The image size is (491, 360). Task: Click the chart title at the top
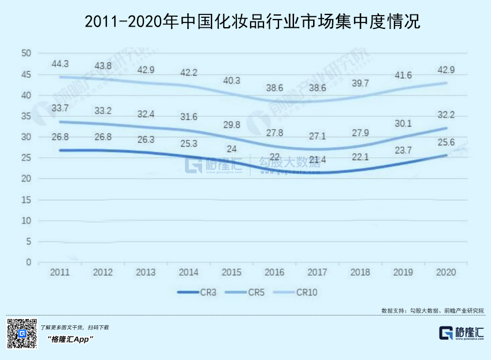pyautogui.click(x=245, y=23)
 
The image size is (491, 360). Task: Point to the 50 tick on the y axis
pyautogui.click(x=25, y=53)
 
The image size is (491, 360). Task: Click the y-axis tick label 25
pyautogui.click(x=25, y=158)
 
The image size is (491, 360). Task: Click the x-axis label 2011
pyautogui.click(x=60, y=272)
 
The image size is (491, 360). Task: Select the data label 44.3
pyautogui.click(x=60, y=64)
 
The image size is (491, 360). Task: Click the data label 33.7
pyautogui.click(x=60, y=107)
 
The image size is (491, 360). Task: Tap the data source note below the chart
pyautogui.click(x=433, y=310)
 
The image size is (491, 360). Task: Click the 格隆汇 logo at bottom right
pyautogui.click(x=462, y=333)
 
